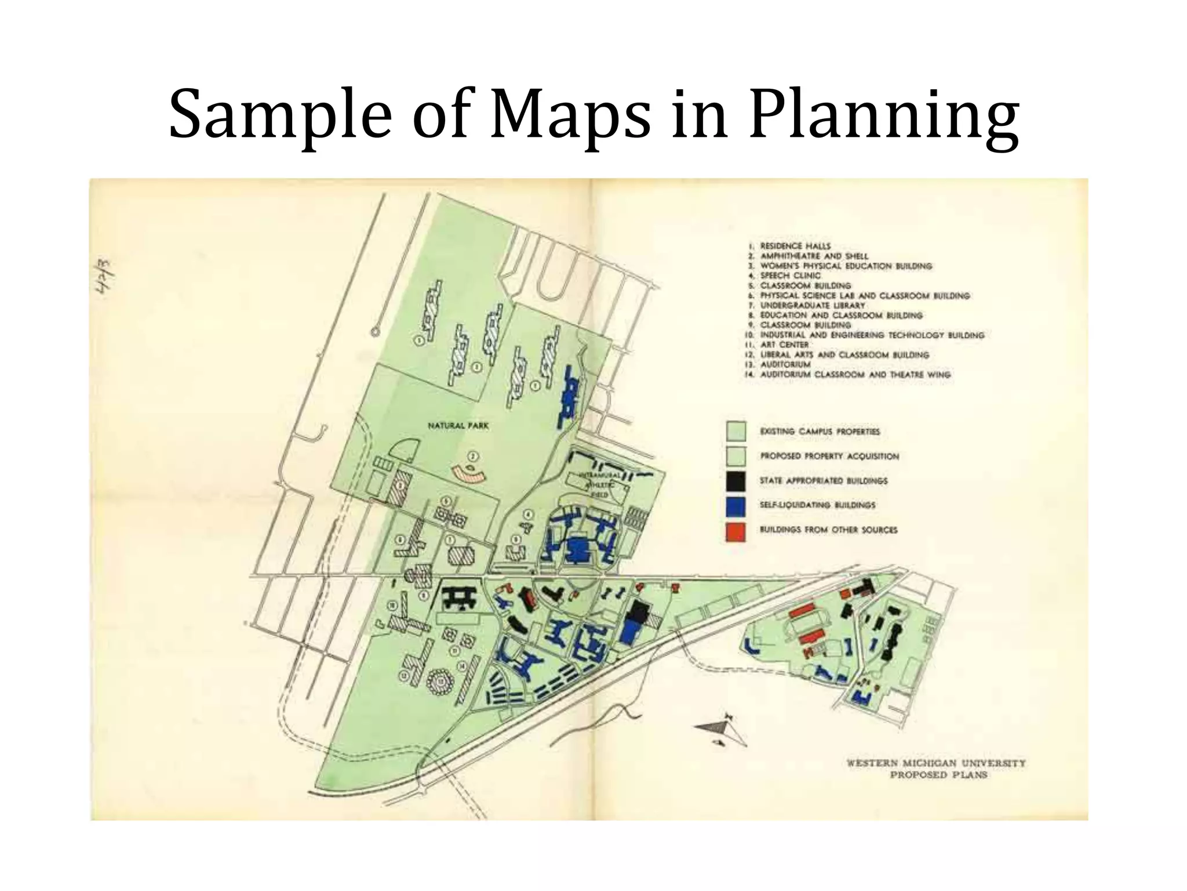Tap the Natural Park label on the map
click(458, 426)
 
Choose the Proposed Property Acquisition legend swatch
click(735, 457)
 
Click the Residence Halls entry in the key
click(795, 246)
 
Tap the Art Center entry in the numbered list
click(784, 345)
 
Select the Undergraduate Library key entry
click(811, 305)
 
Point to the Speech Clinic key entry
click(790, 276)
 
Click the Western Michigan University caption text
click(936, 763)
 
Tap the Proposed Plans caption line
click(938, 775)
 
